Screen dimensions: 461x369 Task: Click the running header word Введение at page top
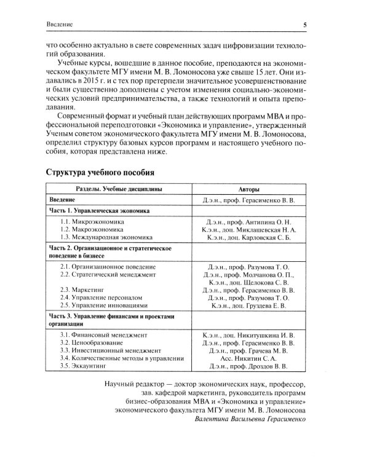(60, 24)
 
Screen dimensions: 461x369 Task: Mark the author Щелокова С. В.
(266, 283)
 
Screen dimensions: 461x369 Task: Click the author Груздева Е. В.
(266, 305)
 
